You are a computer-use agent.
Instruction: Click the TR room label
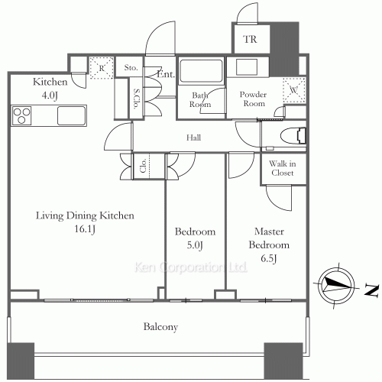pyautogui.click(x=250, y=39)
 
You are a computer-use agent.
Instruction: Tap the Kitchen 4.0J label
pyautogui.click(x=50, y=88)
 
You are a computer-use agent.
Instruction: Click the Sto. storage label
pyautogui.click(x=131, y=68)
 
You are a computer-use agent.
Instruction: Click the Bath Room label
pyautogui.click(x=200, y=100)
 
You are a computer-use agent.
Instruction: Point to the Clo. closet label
pyautogui.click(x=144, y=166)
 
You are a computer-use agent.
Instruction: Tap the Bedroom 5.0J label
pyautogui.click(x=196, y=238)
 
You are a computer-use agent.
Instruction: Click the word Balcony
pyautogui.click(x=160, y=327)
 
